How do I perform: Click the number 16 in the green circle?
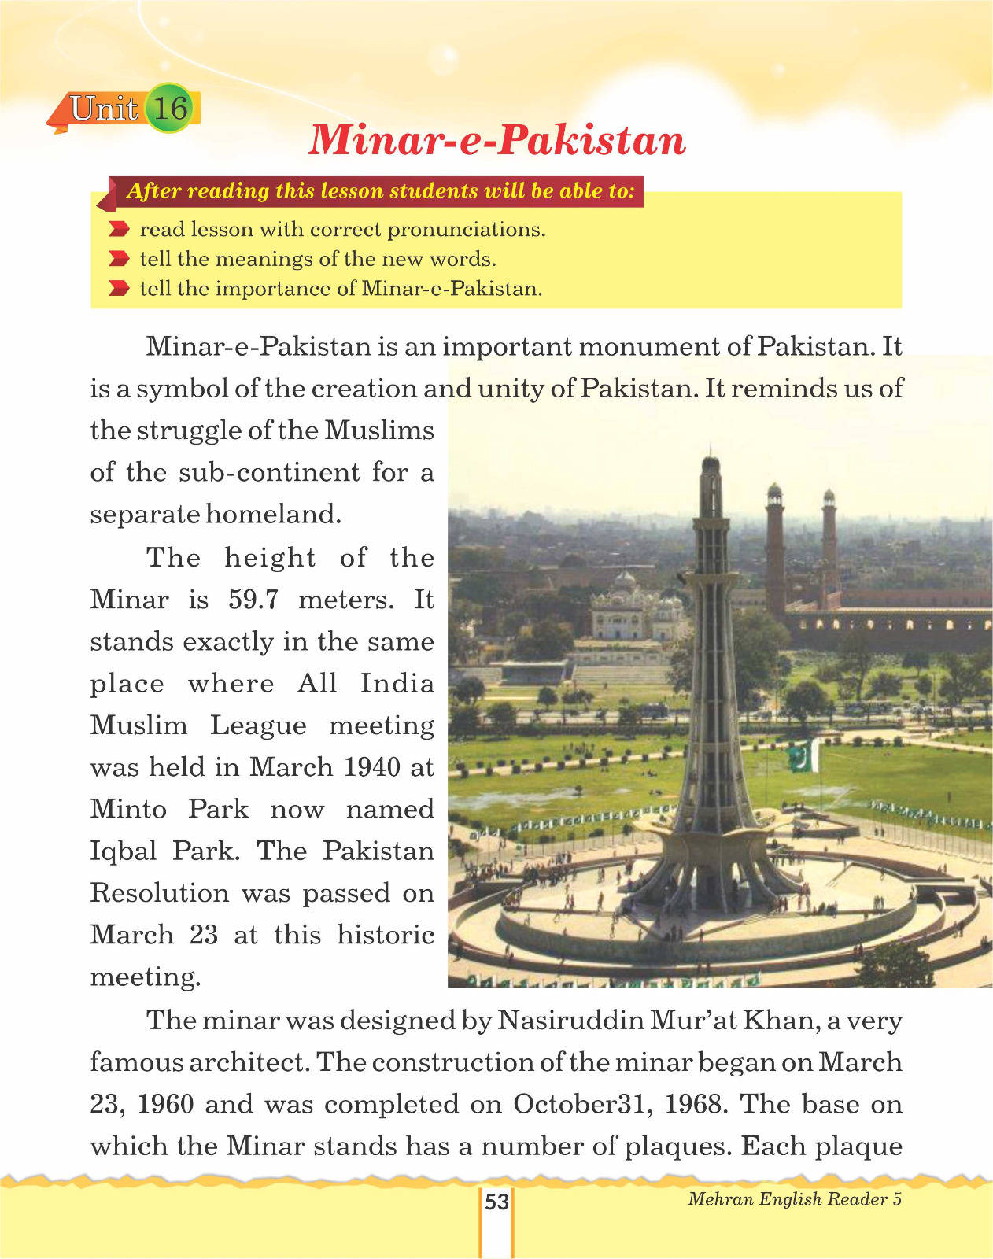(170, 108)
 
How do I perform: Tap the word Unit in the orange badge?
(104, 109)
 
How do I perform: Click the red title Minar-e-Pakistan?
(496, 140)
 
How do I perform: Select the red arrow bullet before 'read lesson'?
(119, 230)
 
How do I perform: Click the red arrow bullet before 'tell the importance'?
(119, 289)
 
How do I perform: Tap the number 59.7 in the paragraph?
(253, 600)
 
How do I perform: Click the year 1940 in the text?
(373, 767)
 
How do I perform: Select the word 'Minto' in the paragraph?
(128, 809)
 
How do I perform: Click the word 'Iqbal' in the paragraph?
(124, 851)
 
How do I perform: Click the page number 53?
(496, 1202)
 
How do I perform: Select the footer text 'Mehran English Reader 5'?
(795, 1199)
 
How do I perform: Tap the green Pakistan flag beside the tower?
(803, 757)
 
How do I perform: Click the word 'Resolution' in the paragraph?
(160, 893)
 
